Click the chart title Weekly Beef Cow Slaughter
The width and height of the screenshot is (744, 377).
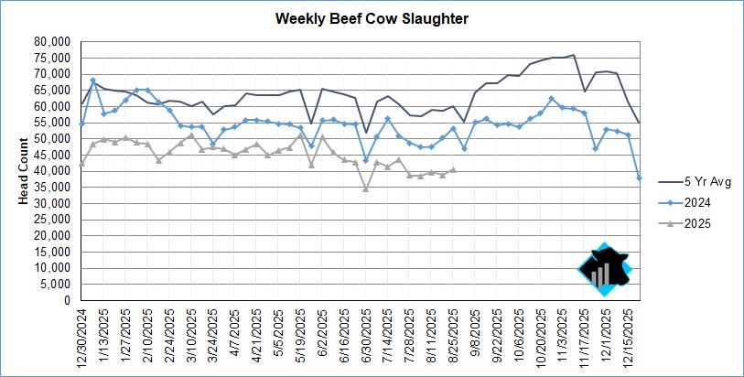pos(372,18)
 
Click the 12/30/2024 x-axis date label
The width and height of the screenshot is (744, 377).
pos(82,336)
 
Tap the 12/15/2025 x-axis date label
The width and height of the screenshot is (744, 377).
pos(628,336)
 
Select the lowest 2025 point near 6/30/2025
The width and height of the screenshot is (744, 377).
pos(366,188)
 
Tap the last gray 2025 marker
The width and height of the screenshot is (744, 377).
pos(453,170)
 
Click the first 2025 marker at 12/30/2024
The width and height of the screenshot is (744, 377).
pos(82,165)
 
